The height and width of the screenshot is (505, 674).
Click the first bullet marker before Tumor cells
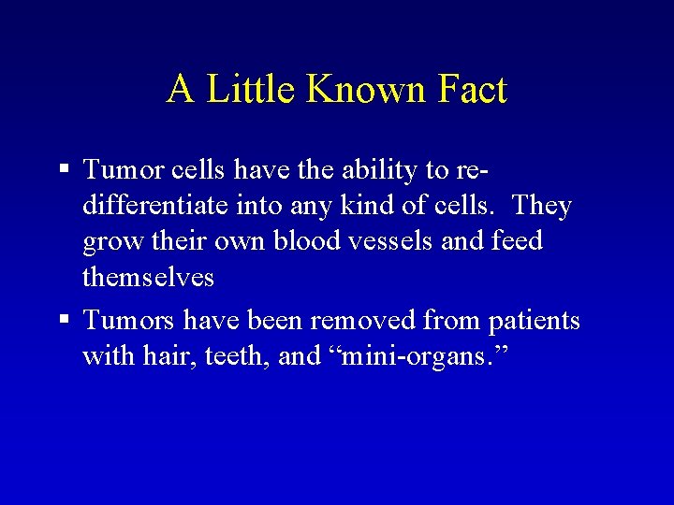(64, 169)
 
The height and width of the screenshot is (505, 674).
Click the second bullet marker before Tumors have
(64, 321)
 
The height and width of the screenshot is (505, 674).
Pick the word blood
(305, 242)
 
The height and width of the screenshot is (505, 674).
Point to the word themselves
(148, 278)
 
